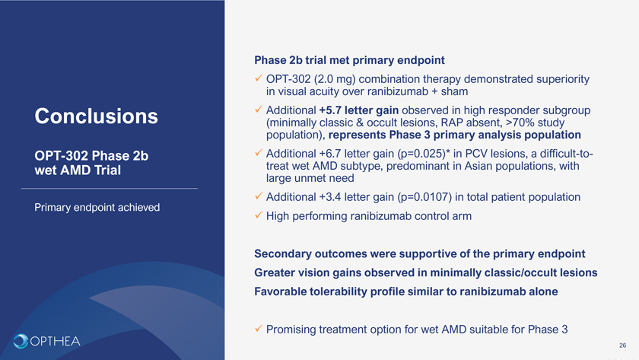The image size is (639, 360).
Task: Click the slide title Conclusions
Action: pos(96,116)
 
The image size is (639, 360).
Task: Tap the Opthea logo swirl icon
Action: pos(21,341)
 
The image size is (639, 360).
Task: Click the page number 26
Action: pos(623,346)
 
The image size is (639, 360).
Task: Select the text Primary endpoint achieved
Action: pos(97,208)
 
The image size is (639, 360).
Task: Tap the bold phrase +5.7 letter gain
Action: pos(359,110)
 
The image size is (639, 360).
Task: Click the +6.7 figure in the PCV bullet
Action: pos(330,154)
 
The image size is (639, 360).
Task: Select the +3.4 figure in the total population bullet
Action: pos(330,197)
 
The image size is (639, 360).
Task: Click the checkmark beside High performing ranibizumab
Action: pos(259,215)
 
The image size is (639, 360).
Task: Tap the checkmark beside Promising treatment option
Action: pos(259,328)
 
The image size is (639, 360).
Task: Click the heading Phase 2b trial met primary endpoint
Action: pos(349,60)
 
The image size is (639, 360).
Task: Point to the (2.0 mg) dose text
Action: pos(335,79)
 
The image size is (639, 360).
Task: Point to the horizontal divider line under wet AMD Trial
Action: pos(110,188)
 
